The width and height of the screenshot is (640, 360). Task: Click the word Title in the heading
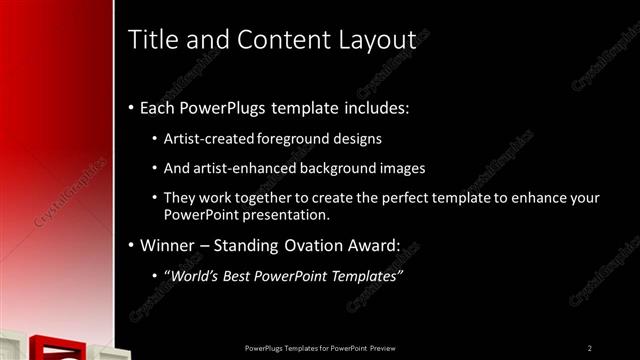click(153, 41)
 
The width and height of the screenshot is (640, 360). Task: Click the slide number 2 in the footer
click(590, 347)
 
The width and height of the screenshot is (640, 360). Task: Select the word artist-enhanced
click(242, 167)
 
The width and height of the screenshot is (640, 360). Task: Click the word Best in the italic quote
click(243, 275)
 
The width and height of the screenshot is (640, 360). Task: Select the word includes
click(376, 107)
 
